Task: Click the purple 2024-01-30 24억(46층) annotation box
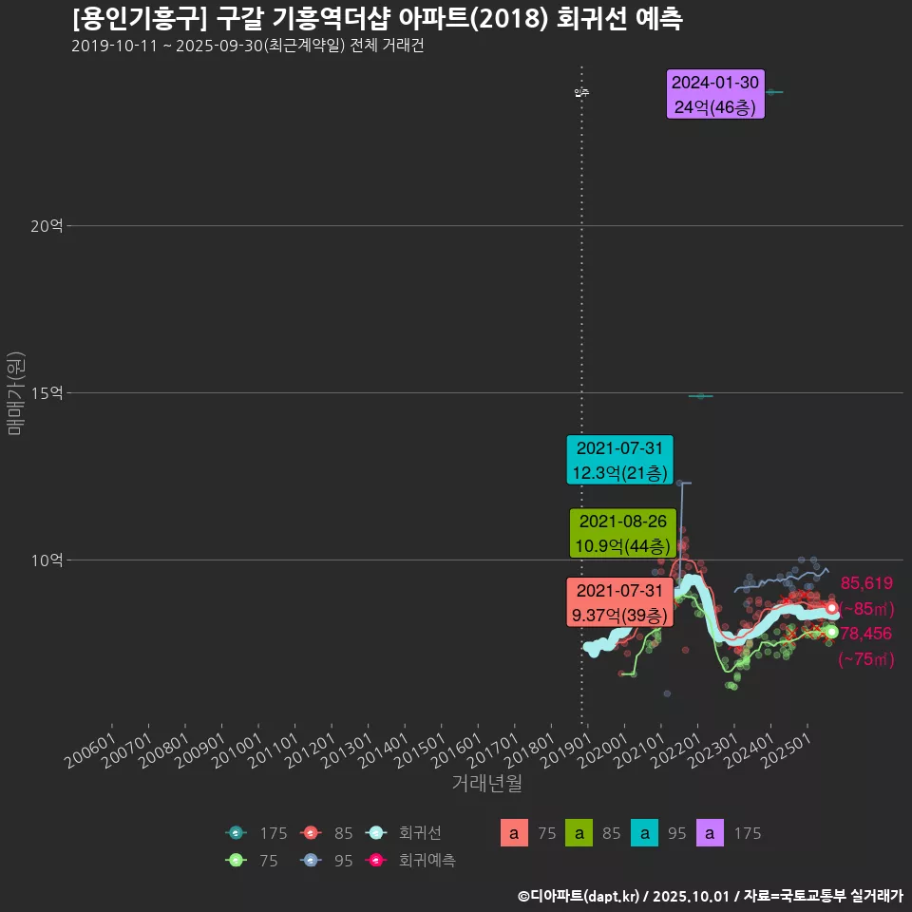click(715, 95)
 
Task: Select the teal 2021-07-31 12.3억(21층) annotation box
click(619, 460)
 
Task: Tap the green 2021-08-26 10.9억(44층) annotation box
click(622, 534)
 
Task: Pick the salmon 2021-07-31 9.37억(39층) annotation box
click(619, 603)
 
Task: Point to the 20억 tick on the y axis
click(46, 226)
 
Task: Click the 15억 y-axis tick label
click(46, 393)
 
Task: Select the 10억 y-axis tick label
click(46, 560)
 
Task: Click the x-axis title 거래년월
click(486, 783)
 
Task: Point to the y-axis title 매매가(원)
click(15, 393)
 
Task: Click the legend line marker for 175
click(237, 833)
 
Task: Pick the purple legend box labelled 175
click(713, 833)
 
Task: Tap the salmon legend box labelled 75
click(514, 833)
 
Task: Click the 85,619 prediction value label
click(866, 583)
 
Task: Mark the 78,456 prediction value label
click(866, 634)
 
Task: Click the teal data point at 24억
click(773, 92)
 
